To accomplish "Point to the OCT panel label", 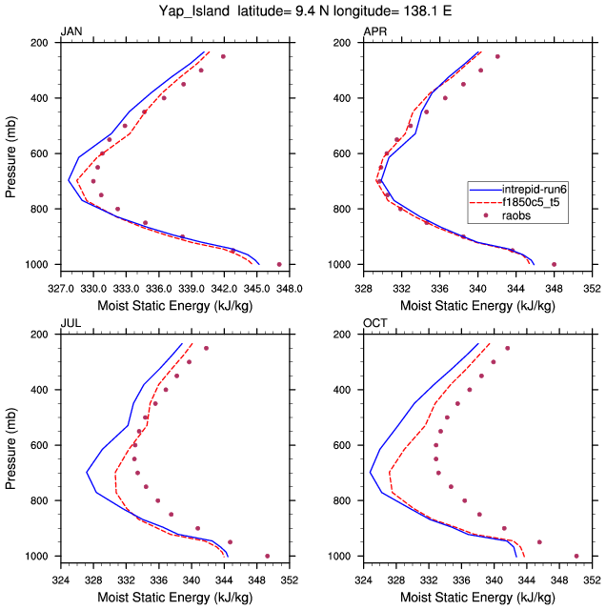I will (x=374, y=325).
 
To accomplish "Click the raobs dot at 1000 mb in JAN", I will (x=279, y=264).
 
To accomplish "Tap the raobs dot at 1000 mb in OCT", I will (x=576, y=556).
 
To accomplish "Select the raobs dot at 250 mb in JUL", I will (x=206, y=348).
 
